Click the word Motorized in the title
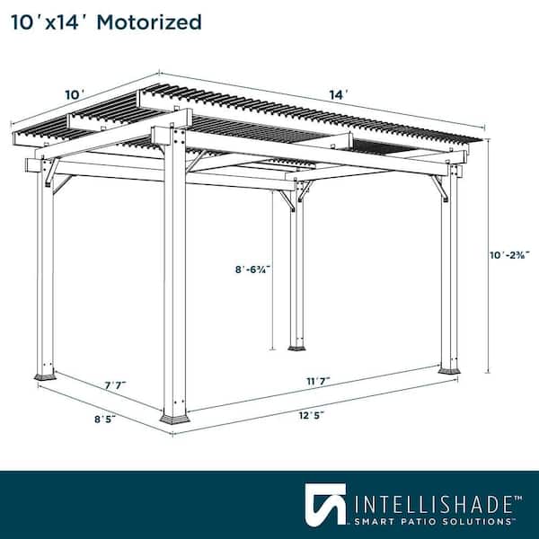point(149,22)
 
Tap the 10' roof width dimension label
point(75,94)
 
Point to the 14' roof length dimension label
point(339,94)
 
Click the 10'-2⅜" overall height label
point(509,255)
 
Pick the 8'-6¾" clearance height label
point(252,269)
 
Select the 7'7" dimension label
point(116,385)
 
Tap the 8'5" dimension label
point(105,419)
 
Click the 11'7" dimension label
point(318,381)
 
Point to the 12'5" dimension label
point(311,415)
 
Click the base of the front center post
point(174,420)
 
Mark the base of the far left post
point(45,376)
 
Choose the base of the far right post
point(449,371)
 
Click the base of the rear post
point(296,349)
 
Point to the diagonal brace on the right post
point(440,188)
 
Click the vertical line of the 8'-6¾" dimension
point(272,270)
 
